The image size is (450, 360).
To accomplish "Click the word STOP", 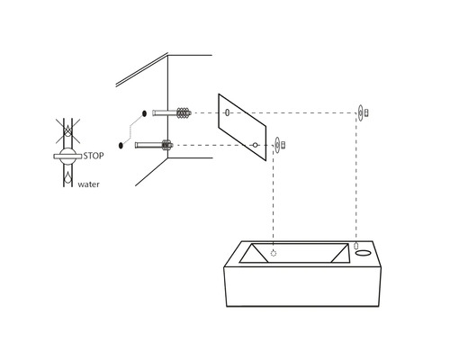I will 94,156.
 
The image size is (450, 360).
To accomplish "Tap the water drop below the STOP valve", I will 67,177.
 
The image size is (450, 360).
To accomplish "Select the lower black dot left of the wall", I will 121,144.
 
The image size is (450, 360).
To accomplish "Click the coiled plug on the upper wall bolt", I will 184,113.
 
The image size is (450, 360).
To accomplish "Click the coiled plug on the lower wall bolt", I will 166,144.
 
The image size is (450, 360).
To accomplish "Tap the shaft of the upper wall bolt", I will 166,113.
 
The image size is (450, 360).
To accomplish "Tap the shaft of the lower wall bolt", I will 147,144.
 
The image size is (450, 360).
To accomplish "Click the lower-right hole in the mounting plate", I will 256,144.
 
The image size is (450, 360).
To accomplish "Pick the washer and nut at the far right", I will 363,112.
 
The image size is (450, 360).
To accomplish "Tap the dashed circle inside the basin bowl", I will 274,253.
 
